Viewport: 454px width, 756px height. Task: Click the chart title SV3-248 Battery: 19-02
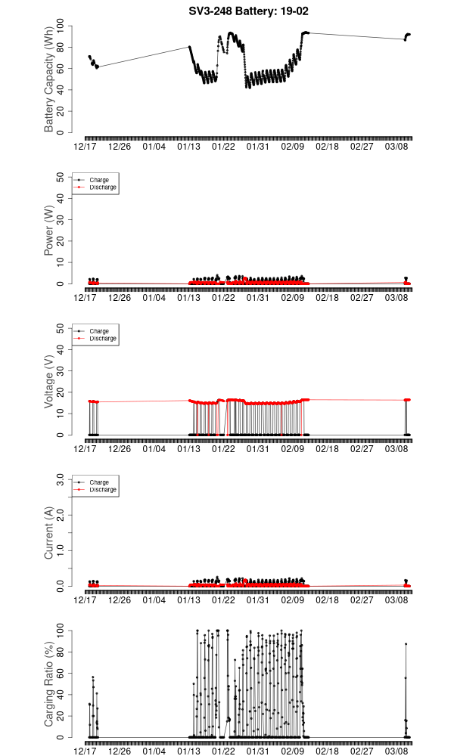248,11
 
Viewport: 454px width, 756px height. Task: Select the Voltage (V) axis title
49,382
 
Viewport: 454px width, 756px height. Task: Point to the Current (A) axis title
49,533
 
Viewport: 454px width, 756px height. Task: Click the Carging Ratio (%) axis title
49,684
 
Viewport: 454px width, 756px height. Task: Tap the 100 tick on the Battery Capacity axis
61,26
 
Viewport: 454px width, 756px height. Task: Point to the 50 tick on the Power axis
61,177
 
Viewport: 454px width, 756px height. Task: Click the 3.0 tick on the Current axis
59,479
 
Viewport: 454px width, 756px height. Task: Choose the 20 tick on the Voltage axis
61,392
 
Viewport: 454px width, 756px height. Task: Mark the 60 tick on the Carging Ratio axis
61,673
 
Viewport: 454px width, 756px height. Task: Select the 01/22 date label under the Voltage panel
223,448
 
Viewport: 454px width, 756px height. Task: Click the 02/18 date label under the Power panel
328,297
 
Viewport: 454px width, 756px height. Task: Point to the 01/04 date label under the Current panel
154,600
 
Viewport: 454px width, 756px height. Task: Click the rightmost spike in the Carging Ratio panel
406,644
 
